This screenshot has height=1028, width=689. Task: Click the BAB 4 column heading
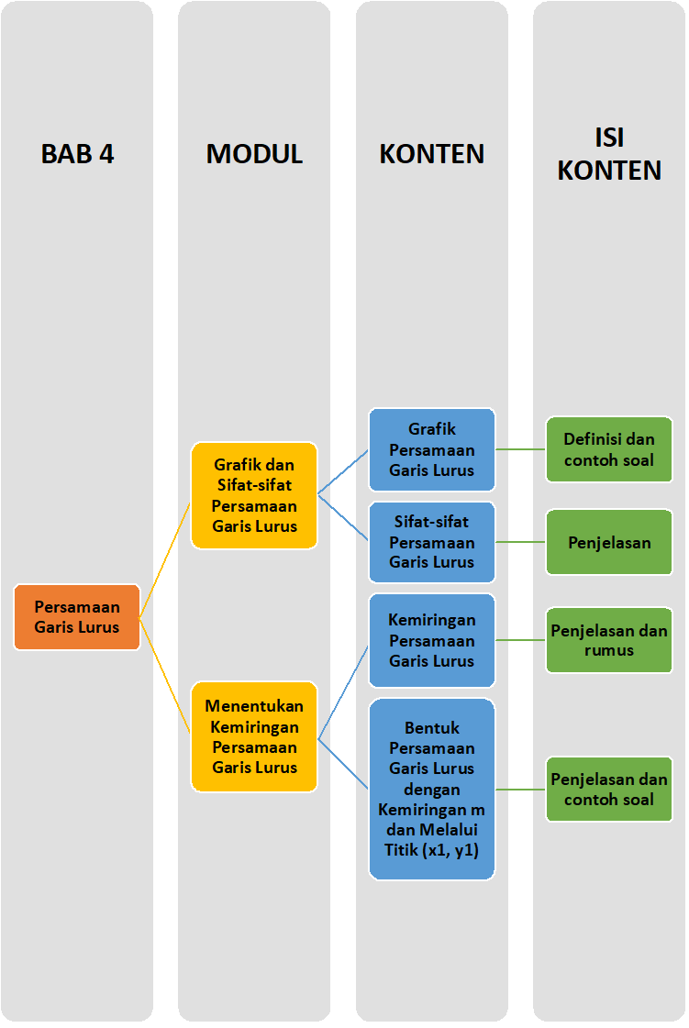[x=77, y=153]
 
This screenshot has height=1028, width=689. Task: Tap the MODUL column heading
[x=254, y=153]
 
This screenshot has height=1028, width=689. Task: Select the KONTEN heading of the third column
[x=431, y=153]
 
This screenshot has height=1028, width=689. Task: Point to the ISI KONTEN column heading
[x=609, y=154]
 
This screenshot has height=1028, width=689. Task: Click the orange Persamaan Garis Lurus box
[x=77, y=617]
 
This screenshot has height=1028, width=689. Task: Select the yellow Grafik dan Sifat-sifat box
[x=254, y=495]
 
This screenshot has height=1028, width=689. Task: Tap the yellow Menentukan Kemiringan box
[x=254, y=736]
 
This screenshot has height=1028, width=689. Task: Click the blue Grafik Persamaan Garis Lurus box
[x=431, y=449]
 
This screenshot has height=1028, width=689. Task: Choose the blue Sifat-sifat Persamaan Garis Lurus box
[x=431, y=542]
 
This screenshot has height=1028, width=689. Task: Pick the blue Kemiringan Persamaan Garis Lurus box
[x=431, y=640]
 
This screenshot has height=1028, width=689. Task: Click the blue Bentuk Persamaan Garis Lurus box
[x=431, y=789]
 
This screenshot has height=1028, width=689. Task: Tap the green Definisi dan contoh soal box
[x=609, y=449]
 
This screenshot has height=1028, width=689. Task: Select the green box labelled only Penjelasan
[x=609, y=542]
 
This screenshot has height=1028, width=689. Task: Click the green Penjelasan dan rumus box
[x=609, y=640]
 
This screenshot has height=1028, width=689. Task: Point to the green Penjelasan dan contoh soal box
[x=609, y=789]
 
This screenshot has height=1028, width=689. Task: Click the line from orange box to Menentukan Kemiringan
[x=165, y=677]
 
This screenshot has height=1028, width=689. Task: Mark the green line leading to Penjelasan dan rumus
[x=520, y=640]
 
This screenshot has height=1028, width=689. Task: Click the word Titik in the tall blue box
[x=397, y=850]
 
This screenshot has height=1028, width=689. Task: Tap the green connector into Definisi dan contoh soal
[x=520, y=449]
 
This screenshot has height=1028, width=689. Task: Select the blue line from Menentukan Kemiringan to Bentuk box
[x=344, y=763]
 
